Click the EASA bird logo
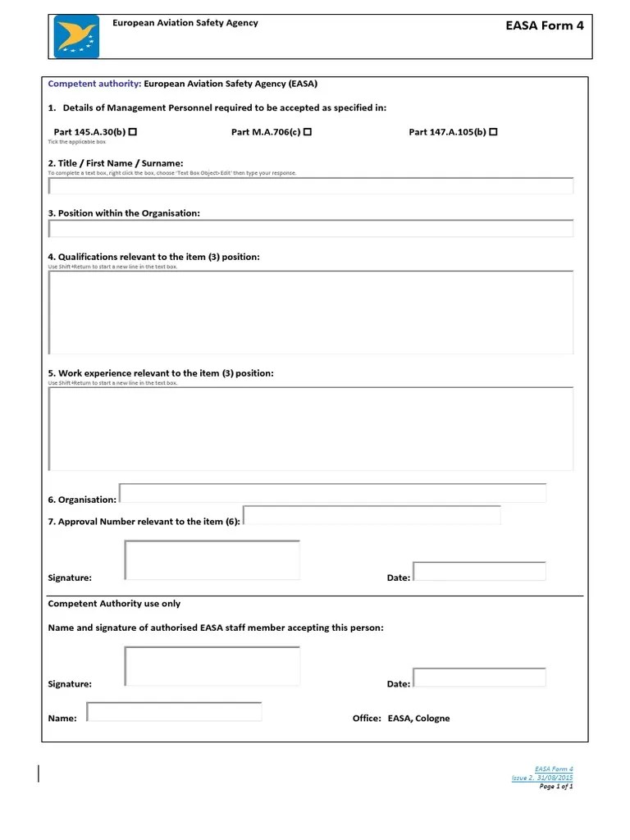76,37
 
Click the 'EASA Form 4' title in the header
545,25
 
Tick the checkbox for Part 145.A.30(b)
133,131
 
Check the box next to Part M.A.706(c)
307,131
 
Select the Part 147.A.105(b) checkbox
493,131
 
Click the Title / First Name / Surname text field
311,186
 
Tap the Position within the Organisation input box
311,228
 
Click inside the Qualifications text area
311,313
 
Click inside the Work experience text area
311,429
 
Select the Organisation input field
332,493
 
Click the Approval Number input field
372,515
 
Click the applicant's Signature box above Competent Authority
212,560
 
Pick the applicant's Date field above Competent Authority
479,571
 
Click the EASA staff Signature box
212,665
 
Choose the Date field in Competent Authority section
479,678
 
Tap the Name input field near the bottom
174,711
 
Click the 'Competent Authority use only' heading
114,604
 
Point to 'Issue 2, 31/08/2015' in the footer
542,778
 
